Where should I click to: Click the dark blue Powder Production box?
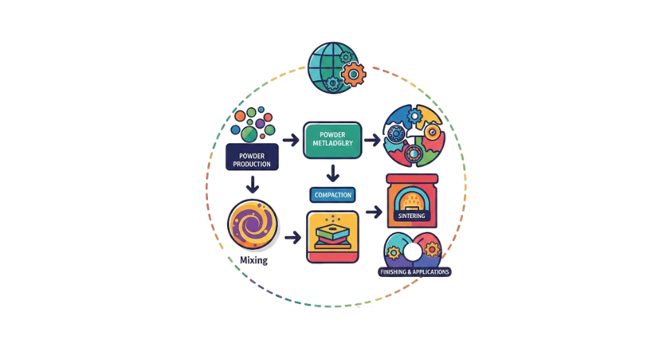[x=252, y=156]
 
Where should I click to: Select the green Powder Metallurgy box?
[x=332, y=139]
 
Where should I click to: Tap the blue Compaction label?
[x=332, y=195]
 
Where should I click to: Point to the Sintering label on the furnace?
[x=411, y=217]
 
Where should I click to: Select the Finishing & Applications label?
[x=415, y=272]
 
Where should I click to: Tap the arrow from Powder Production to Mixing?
[x=253, y=185]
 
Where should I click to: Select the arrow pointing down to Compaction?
[x=333, y=172]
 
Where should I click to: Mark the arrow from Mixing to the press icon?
[x=293, y=237]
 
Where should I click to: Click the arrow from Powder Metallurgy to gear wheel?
[x=372, y=140]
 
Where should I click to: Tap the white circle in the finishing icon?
[x=412, y=252]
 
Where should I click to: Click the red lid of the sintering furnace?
[x=412, y=179]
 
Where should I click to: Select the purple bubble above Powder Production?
[x=260, y=124]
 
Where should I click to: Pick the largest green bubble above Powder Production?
[x=248, y=132]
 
